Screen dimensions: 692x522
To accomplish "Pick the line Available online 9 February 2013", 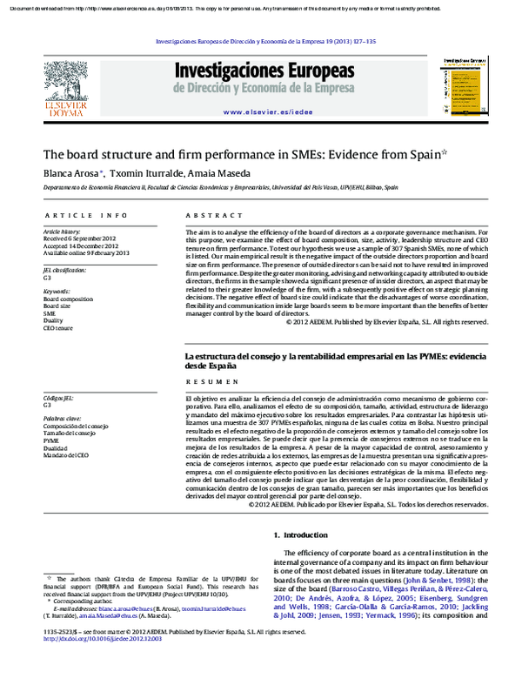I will point(85,253).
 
